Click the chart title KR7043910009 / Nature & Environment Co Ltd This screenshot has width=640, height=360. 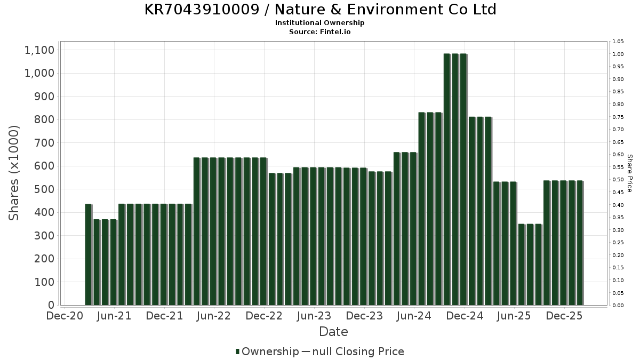pyautogui.click(x=320, y=10)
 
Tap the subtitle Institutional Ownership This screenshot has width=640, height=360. pyautogui.click(x=320, y=23)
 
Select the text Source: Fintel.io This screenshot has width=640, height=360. pyautogui.click(x=320, y=31)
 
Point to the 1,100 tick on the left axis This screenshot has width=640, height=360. pyautogui.click(x=39, y=50)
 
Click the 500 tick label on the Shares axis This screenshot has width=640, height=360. pyautogui.click(x=44, y=189)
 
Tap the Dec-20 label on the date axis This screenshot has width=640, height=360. pyautogui.click(x=64, y=316)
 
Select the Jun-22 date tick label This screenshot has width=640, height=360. pyautogui.click(x=214, y=316)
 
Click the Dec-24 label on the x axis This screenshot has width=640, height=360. pyautogui.click(x=465, y=316)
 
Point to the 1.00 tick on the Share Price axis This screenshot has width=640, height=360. pyautogui.click(x=619, y=54)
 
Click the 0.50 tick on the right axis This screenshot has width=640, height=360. pyautogui.click(x=619, y=180)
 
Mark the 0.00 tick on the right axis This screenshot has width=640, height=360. pyautogui.click(x=619, y=306)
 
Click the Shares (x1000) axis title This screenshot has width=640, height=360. pyautogui.click(x=14, y=173)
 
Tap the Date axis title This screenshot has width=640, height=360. pyautogui.click(x=333, y=332)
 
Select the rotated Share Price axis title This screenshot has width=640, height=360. pyautogui.click(x=629, y=173)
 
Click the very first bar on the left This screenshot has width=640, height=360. pyautogui.click(x=89, y=254)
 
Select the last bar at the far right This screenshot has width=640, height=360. pyautogui.click(x=580, y=243)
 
